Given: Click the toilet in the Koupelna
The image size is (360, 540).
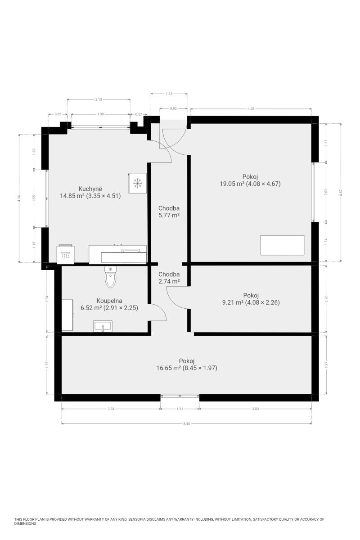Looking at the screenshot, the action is pos(110,276).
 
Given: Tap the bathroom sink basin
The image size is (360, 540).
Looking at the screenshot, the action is pos(103,326).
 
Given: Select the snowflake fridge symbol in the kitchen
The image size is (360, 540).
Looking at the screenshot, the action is pos(137,183).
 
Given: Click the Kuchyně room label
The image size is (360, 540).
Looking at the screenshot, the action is pos(90,189).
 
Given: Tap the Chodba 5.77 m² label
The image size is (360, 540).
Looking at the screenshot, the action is pos(169,211).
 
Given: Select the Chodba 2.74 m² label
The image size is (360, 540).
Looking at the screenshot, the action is pos(169,278).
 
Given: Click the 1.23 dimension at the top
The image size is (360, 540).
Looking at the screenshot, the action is pos(169,94).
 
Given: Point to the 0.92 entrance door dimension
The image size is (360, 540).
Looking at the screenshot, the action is pos(173,108).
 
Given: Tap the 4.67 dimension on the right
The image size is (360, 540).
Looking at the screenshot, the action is pos(341,192).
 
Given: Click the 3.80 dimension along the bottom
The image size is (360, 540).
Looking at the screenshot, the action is pos(255,409).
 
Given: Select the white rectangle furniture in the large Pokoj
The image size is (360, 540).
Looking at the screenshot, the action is pos(282,245).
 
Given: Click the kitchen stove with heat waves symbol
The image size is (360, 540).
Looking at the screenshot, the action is pos(66,254).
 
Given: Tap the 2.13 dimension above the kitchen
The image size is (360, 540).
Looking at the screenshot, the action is pos(99,99).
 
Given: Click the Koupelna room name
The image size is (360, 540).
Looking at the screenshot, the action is pos(109,301).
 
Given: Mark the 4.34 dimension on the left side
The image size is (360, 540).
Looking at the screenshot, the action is pos(19,198).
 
